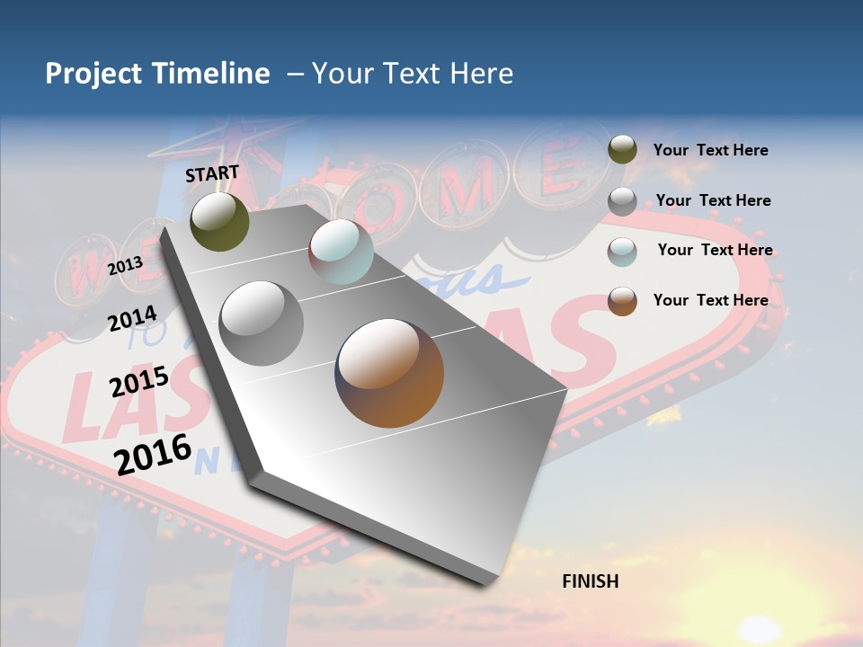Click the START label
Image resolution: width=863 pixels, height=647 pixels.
(x=212, y=173)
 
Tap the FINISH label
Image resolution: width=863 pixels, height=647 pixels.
(x=591, y=581)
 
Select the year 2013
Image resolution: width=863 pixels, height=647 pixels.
(x=125, y=266)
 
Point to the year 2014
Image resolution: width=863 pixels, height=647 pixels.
(x=132, y=319)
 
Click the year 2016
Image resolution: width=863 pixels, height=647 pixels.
(x=153, y=455)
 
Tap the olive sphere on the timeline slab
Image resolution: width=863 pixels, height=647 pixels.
(x=220, y=221)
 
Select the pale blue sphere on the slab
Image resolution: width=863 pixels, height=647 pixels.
(x=341, y=252)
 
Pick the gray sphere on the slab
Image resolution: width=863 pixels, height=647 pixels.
(x=262, y=323)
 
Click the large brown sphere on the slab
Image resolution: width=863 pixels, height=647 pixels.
(x=389, y=373)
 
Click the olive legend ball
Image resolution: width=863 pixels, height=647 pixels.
(x=622, y=149)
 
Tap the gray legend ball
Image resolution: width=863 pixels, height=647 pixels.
(x=622, y=201)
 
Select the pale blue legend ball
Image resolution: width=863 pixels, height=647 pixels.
(x=622, y=252)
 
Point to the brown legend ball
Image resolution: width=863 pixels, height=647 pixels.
(x=622, y=301)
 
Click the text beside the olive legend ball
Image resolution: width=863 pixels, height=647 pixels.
(x=710, y=151)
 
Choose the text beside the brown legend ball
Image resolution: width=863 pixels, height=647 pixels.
(x=710, y=300)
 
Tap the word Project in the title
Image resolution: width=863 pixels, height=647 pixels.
(x=92, y=74)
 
